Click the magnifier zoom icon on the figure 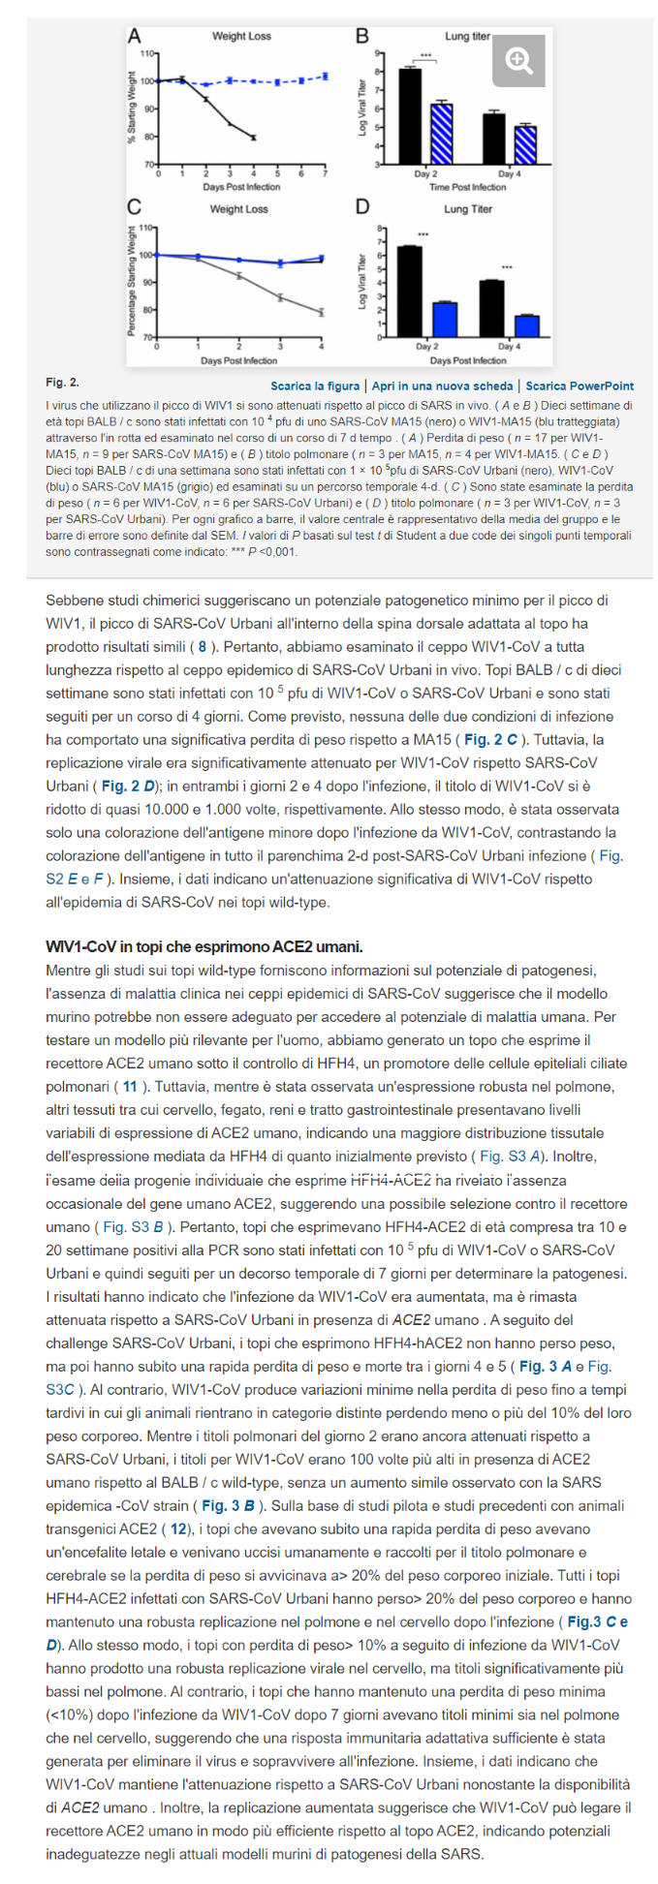click(x=520, y=61)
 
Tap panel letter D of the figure click(x=362, y=206)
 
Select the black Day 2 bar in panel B click(x=411, y=116)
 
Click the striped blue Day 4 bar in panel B click(x=525, y=144)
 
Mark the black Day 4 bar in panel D click(x=491, y=308)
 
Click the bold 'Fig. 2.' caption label click(x=62, y=384)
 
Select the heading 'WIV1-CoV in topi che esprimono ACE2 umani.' click(x=204, y=946)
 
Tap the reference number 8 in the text click(x=202, y=647)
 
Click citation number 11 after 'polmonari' click(x=130, y=1087)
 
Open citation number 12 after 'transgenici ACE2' click(x=179, y=1529)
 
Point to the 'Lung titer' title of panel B click(x=468, y=37)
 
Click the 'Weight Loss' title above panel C click(x=239, y=209)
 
